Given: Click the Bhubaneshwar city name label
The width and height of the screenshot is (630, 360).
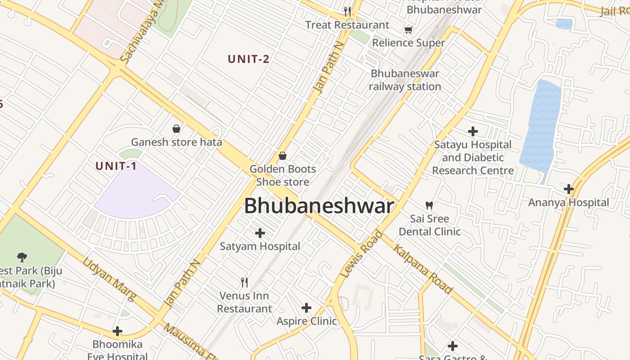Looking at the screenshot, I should (x=319, y=206).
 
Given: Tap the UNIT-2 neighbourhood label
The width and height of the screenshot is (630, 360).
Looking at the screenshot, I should (x=248, y=59).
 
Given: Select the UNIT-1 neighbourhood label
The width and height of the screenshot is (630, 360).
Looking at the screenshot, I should (x=116, y=166).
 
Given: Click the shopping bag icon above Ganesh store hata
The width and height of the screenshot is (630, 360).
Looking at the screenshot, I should (x=176, y=129).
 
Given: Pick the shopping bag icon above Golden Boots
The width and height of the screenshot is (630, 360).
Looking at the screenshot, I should (x=283, y=156).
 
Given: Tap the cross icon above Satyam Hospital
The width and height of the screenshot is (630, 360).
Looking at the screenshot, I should (x=260, y=233).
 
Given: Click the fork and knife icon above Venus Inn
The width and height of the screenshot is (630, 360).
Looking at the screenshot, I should (x=244, y=283).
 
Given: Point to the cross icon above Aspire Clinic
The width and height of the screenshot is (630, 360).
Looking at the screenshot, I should (x=306, y=308).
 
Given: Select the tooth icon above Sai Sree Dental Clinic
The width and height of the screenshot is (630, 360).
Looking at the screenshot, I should (x=429, y=205).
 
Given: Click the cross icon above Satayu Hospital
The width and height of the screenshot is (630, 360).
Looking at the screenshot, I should (x=473, y=131).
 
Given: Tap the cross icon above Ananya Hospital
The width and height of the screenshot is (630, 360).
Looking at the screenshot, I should (x=569, y=189).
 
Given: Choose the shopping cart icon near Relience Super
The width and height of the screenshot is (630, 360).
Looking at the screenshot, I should (x=408, y=30).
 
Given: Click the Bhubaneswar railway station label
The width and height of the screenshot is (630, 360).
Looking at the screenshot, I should (x=405, y=80).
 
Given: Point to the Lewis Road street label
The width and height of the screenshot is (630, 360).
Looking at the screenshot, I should (x=361, y=254).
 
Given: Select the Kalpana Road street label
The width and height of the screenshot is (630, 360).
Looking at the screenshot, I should (x=423, y=269).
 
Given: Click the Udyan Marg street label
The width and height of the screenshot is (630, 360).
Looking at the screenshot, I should (x=109, y=279).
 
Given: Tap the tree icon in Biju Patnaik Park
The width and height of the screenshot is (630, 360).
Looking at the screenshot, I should (x=22, y=257).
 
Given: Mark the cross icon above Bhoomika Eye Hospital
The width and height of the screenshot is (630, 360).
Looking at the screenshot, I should (x=117, y=331).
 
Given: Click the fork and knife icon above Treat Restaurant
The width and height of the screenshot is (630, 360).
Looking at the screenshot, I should (x=347, y=12).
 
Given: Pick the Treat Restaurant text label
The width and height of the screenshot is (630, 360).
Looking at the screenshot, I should (x=347, y=25).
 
